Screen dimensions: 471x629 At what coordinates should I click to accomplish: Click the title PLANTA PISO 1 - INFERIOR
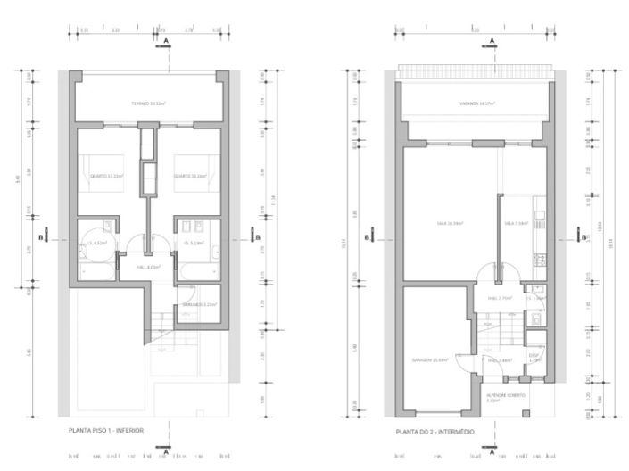coord(106,431)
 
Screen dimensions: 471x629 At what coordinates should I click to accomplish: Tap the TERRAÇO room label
coord(149,104)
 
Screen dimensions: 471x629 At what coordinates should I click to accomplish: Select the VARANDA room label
coord(477,104)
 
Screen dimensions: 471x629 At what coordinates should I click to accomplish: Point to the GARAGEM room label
coord(430,359)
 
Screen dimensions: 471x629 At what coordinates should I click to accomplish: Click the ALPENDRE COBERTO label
coord(504,396)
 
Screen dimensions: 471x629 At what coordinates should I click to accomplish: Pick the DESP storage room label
coord(534,358)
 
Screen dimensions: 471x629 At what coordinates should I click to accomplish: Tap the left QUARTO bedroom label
coord(106,176)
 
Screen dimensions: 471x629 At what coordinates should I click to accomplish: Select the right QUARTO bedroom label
coord(191,176)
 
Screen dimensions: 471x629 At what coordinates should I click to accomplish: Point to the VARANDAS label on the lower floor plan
coord(195,305)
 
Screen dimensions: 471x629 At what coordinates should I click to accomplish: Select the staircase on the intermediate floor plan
coord(492,330)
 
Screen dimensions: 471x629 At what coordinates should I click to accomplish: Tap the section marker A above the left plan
coord(165,42)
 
